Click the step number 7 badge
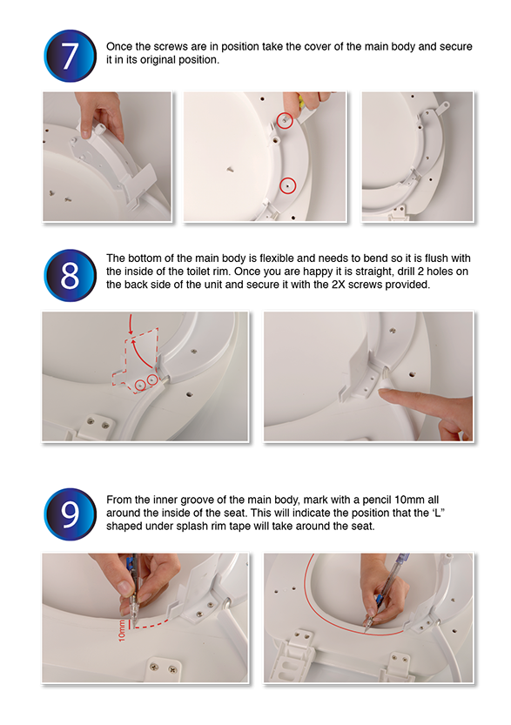71,56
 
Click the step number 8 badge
71,276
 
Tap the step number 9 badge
71,514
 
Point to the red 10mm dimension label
122,630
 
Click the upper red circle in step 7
285,120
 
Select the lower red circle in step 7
287,186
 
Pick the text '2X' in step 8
338,285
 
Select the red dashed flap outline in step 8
136,360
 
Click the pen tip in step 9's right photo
366,630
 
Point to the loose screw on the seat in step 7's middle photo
230,170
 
